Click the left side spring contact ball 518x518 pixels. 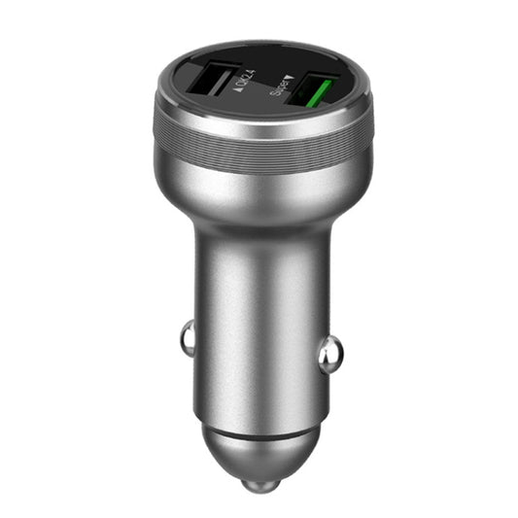click(x=187, y=338)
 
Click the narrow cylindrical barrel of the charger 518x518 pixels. click(x=259, y=321)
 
